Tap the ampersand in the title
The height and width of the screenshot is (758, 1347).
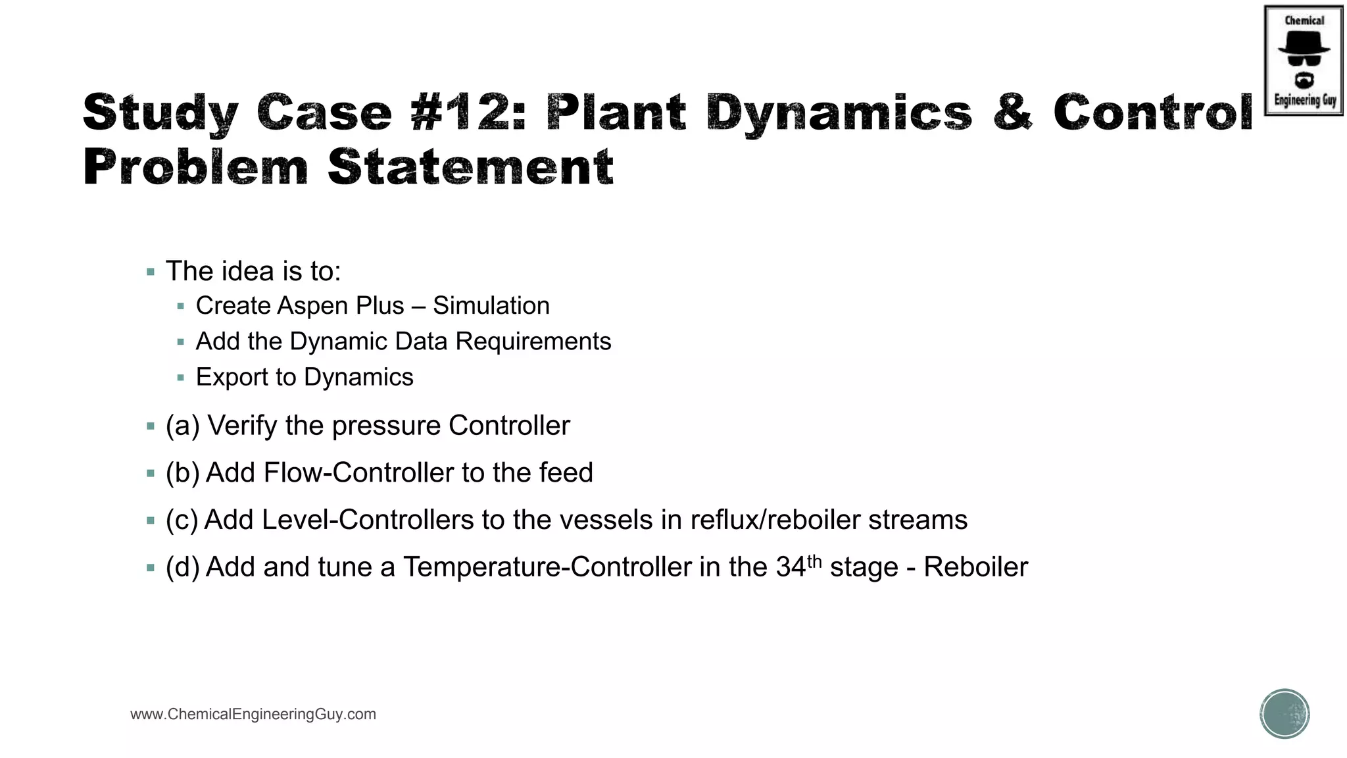[x=1013, y=112]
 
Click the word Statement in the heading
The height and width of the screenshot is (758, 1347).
[x=470, y=167]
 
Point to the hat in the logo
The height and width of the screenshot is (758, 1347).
[x=1304, y=43]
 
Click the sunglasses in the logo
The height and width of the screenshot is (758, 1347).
[x=1304, y=61]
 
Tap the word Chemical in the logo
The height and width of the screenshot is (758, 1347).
[x=1304, y=20]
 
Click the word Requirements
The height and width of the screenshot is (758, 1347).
[x=533, y=341]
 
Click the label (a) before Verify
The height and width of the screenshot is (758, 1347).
[x=182, y=426]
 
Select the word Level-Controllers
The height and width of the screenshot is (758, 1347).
[x=368, y=520]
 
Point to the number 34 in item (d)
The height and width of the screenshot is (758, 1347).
[x=791, y=567]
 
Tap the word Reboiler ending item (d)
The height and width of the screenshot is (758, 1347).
[x=975, y=567]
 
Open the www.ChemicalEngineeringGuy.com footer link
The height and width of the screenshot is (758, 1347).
[x=253, y=715]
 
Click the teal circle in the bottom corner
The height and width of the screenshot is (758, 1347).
[x=1285, y=714]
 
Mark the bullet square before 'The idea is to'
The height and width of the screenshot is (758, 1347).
[x=151, y=272]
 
